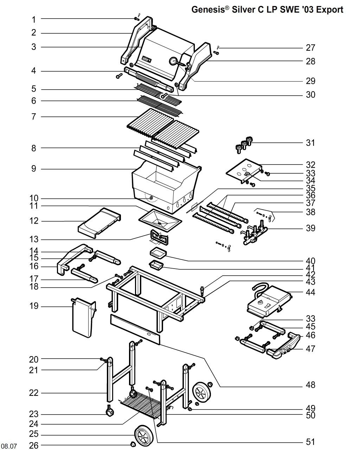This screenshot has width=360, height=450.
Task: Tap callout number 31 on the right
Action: click(310, 143)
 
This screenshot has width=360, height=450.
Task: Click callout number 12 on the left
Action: click(34, 221)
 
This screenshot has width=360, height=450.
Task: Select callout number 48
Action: click(310, 385)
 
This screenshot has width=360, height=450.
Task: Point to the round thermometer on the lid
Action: click(173, 61)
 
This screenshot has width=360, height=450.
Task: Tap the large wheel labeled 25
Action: click(145, 435)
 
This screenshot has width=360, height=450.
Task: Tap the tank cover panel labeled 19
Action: click(83, 317)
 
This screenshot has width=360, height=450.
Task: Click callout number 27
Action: click(310, 48)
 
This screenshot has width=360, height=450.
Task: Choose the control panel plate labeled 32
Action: click(243, 171)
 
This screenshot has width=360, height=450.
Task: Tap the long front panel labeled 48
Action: click(135, 329)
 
